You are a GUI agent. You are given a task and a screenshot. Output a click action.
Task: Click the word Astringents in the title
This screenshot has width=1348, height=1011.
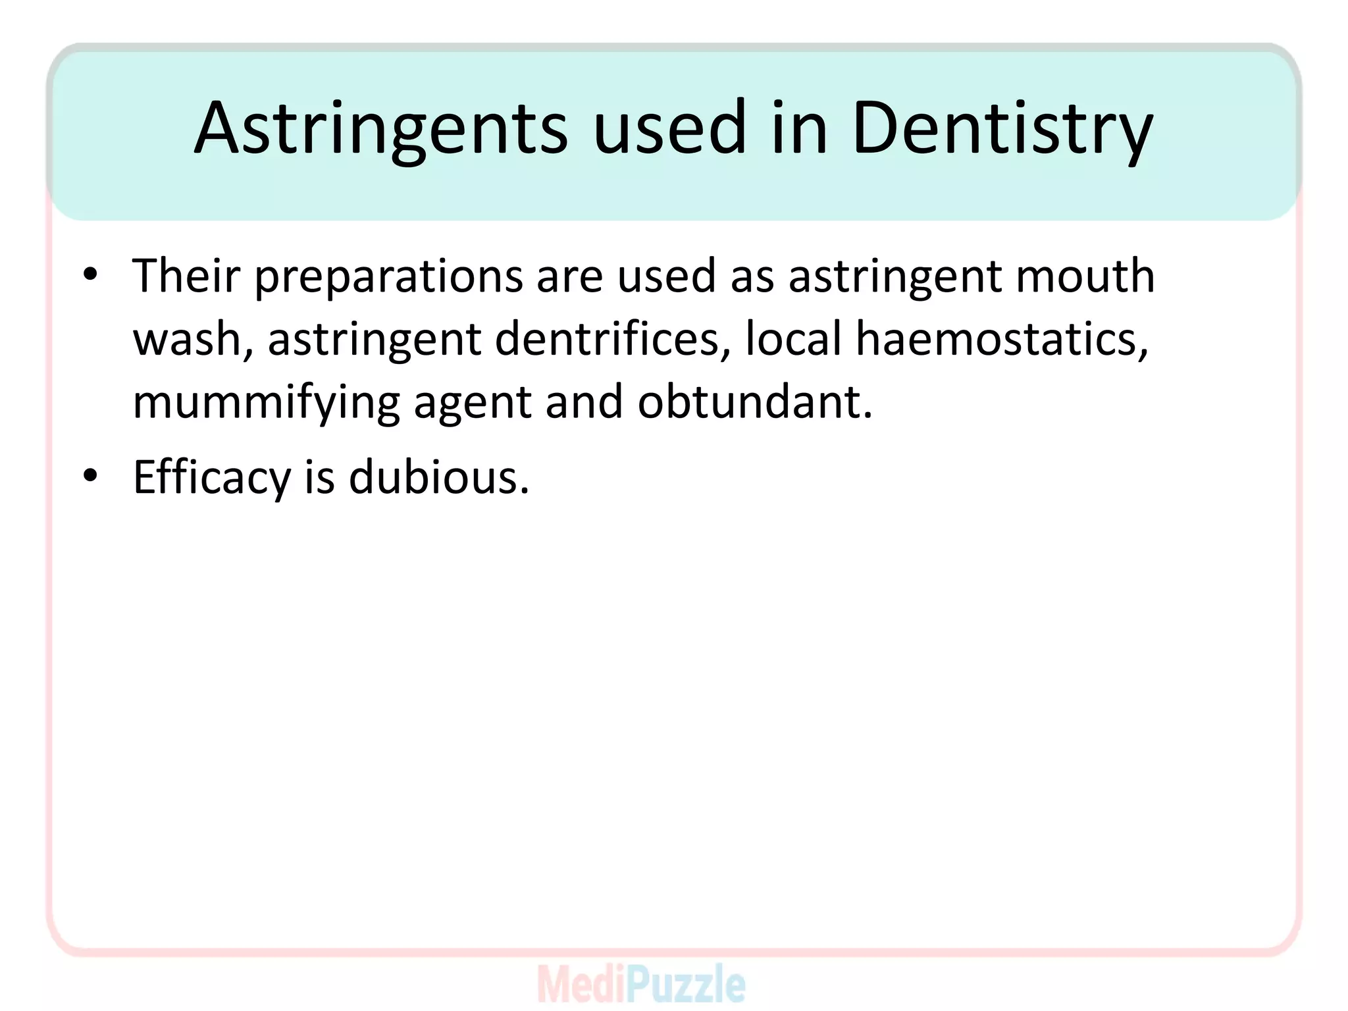(380, 128)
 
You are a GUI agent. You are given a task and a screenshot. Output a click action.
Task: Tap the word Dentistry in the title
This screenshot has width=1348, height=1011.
(1002, 128)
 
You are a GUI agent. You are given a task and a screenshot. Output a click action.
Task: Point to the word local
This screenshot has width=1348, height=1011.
(793, 339)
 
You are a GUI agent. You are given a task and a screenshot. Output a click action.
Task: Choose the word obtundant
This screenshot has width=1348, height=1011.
(754, 402)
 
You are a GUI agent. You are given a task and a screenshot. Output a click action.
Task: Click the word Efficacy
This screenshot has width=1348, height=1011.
(212, 478)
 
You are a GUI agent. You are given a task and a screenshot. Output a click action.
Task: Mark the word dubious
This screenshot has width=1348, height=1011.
(438, 477)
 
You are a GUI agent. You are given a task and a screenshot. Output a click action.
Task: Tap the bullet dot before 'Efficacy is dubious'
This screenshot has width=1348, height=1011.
(91, 475)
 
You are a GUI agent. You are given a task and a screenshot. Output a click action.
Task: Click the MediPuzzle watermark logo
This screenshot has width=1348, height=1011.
(641, 984)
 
